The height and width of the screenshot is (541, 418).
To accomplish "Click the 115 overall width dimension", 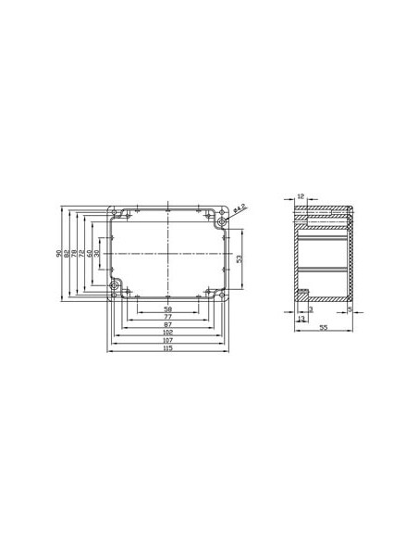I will (x=167, y=348).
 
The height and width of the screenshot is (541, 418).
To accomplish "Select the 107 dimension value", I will (x=167, y=340).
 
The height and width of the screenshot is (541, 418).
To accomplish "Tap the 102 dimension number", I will (x=167, y=333).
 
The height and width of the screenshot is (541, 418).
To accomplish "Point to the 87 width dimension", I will (x=167, y=324).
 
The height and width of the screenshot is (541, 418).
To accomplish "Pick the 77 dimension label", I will (x=167, y=316).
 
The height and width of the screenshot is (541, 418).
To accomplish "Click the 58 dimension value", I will (x=167, y=308).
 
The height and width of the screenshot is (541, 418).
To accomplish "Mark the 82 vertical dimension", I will (x=68, y=253).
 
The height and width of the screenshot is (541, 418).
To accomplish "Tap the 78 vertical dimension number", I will (x=76, y=253).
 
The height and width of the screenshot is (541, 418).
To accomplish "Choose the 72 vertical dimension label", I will (x=83, y=253).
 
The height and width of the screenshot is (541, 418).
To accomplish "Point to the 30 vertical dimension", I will (x=98, y=253).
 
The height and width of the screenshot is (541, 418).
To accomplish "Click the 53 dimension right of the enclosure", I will (x=240, y=260).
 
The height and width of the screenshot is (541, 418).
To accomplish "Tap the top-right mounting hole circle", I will (x=221, y=222).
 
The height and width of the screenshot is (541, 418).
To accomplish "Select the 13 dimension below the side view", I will (x=301, y=318).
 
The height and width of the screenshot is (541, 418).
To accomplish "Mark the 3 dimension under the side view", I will (x=310, y=308).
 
